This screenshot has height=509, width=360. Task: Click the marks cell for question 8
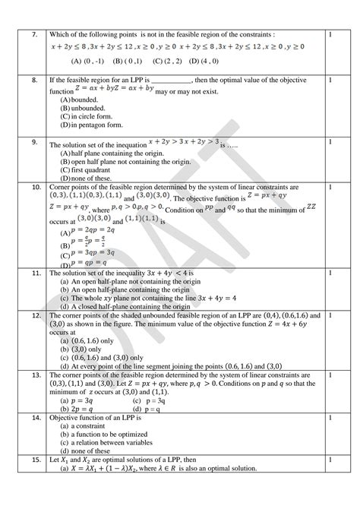[x=331, y=78]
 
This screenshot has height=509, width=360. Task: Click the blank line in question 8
[x=173, y=78]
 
